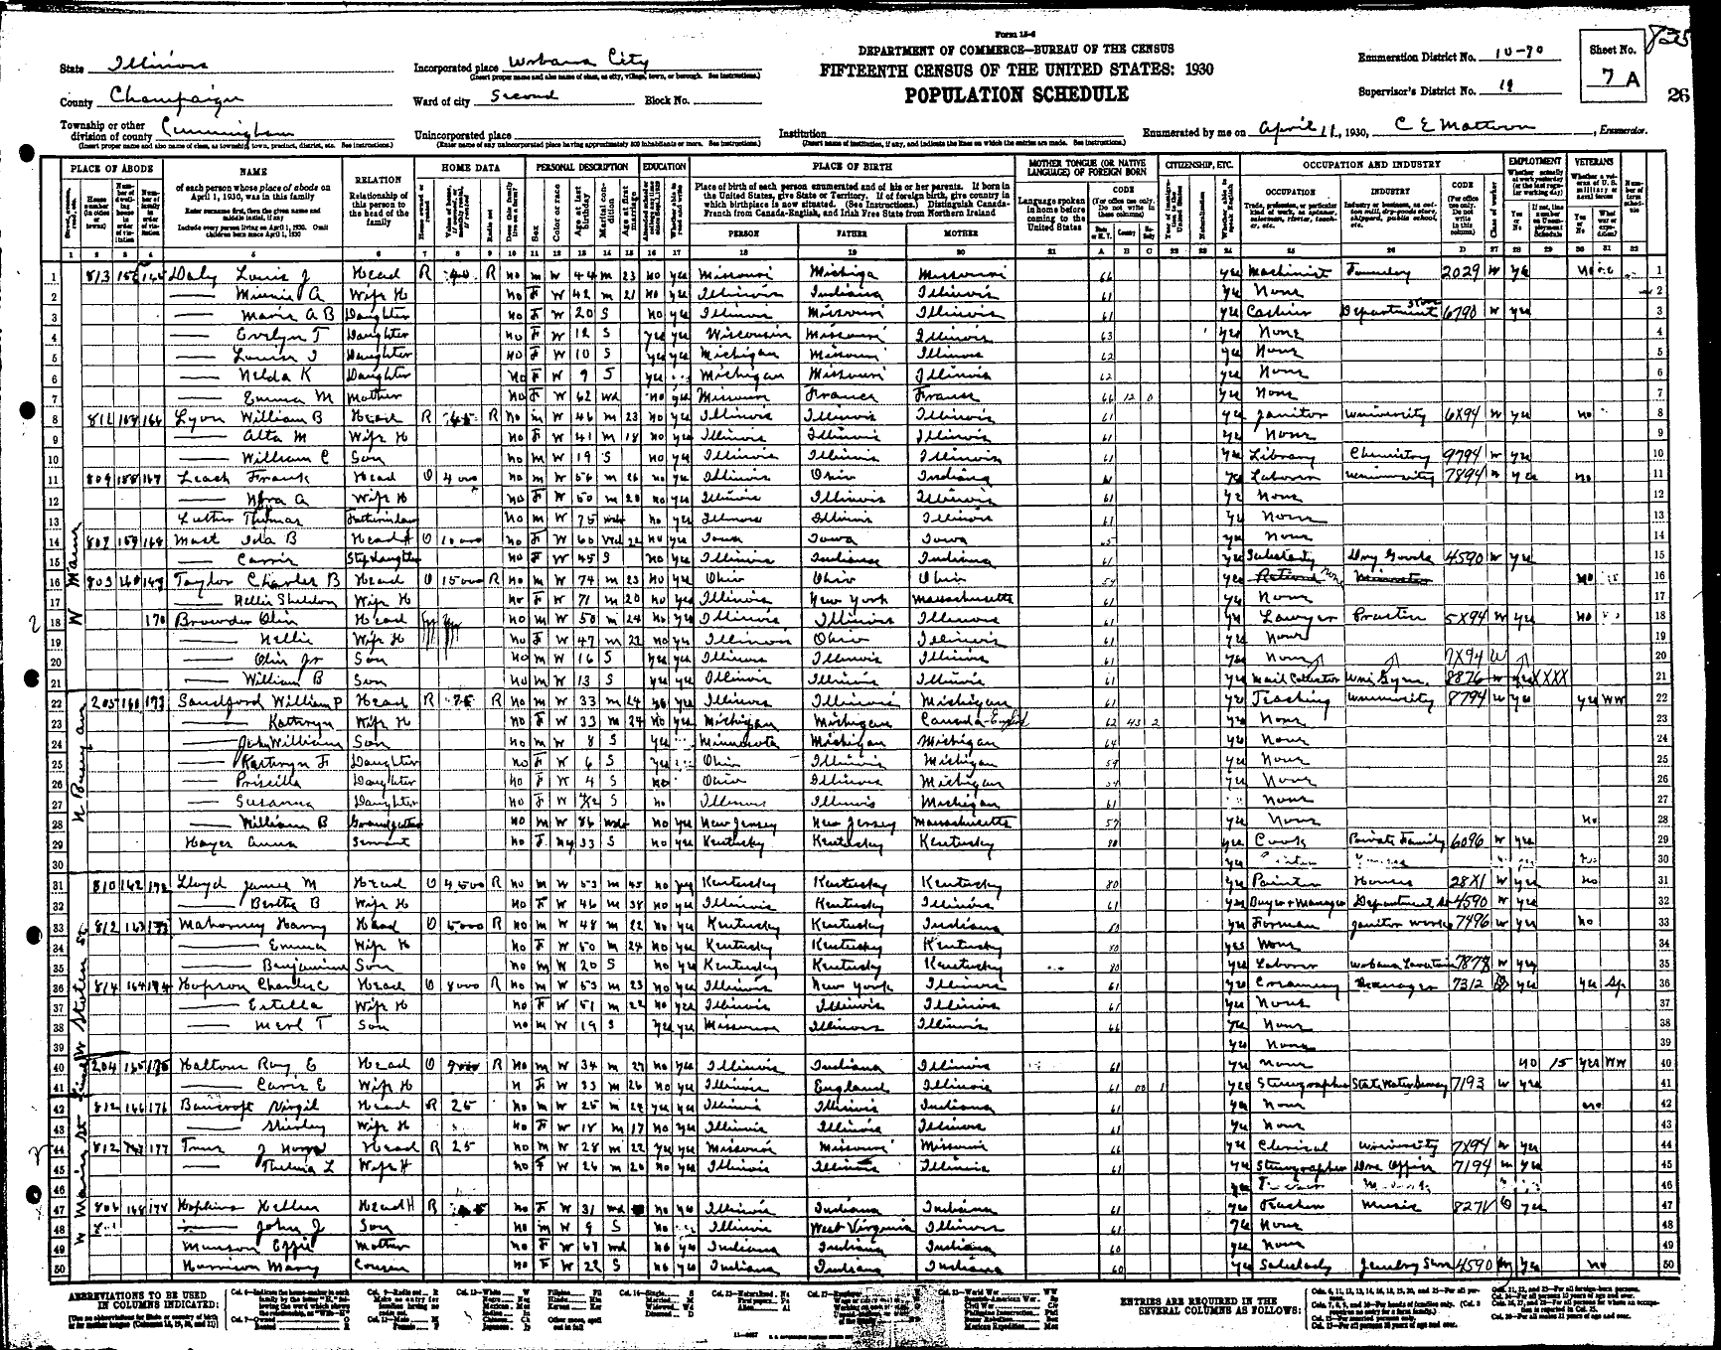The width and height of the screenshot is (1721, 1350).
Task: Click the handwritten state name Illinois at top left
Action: click(x=159, y=65)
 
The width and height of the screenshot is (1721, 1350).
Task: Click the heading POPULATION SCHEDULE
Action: click(x=1016, y=95)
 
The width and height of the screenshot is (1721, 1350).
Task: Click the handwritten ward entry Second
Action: click(x=526, y=96)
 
